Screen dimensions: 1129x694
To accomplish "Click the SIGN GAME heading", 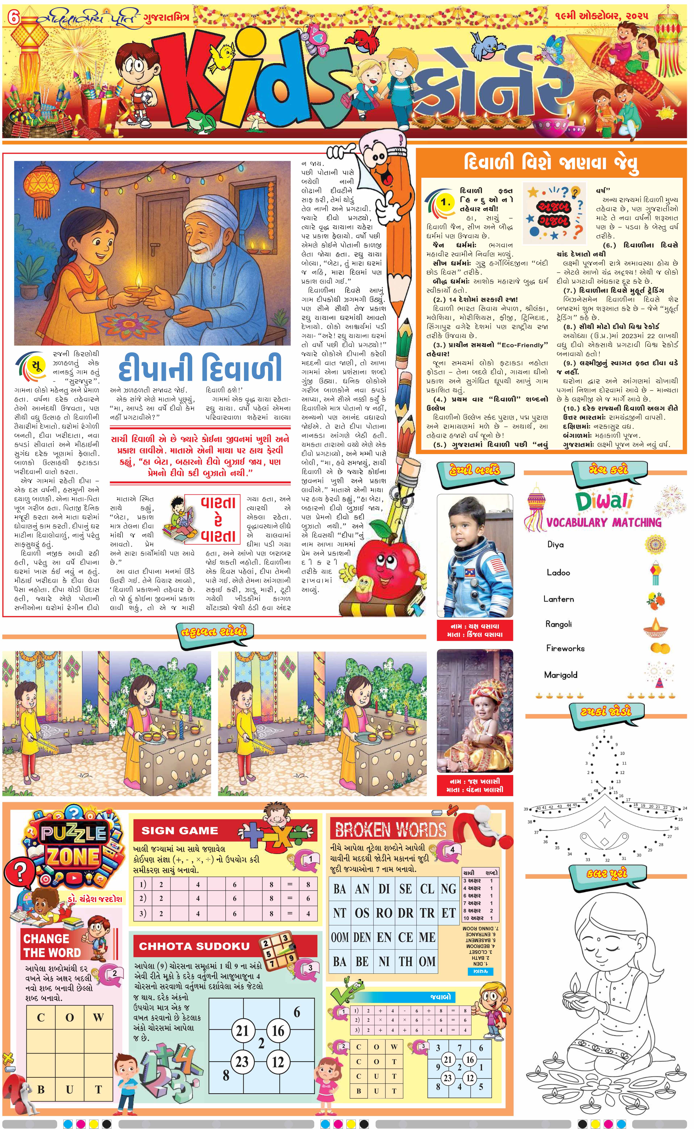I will (180, 831).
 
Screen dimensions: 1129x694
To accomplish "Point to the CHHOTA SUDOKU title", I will (194, 946).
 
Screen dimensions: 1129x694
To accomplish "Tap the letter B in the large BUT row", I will (41, 1089).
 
